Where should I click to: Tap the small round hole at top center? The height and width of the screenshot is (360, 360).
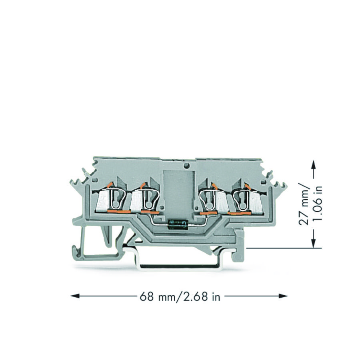point(186,165)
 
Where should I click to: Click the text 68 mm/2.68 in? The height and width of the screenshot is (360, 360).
point(180,297)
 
